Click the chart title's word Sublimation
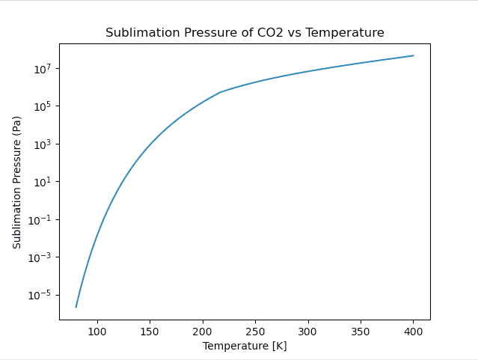tap(137, 33)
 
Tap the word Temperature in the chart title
tap(350, 33)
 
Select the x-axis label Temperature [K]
tap(245, 347)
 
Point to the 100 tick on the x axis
tap(97, 331)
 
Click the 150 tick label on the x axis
tap(150, 331)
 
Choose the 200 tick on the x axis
tap(203, 331)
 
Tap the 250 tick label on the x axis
tap(255, 331)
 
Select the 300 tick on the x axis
tap(308, 331)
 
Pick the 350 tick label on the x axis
tap(361, 331)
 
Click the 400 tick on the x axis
tap(414, 331)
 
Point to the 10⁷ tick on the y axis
tap(42, 69)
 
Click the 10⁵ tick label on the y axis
tap(42, 106)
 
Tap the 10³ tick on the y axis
tap(42, 144)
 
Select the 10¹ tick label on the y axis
tap(42, 182)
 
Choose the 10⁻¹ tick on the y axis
tap(40, 219)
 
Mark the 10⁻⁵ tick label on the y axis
tap(40, 295)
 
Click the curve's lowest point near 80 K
tap(76, 307)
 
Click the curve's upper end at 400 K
tap(414, 55)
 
